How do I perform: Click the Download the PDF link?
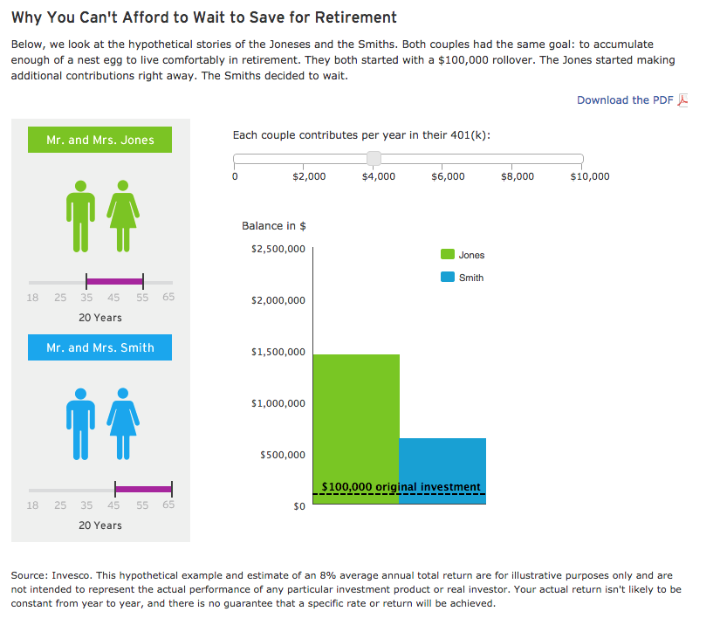(x=625, y=100)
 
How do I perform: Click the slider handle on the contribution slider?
(x=374, y=158)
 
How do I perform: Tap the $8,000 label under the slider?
(x=518, y=176)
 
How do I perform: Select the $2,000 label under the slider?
(x=309, y=176)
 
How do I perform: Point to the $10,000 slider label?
(x=589, y=176)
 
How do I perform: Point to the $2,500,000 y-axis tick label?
(x=278, y=249)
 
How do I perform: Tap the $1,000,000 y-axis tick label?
(x=278, y=403)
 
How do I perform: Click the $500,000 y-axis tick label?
(x=282, y=455)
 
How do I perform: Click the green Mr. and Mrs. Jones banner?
(x=99, y=140)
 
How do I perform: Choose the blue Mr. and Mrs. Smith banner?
(x=99, y=347)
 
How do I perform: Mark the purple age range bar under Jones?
(x=114, y=281)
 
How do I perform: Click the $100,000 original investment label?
(x=401, y=486)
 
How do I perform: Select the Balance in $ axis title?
(x=273, y=226)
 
